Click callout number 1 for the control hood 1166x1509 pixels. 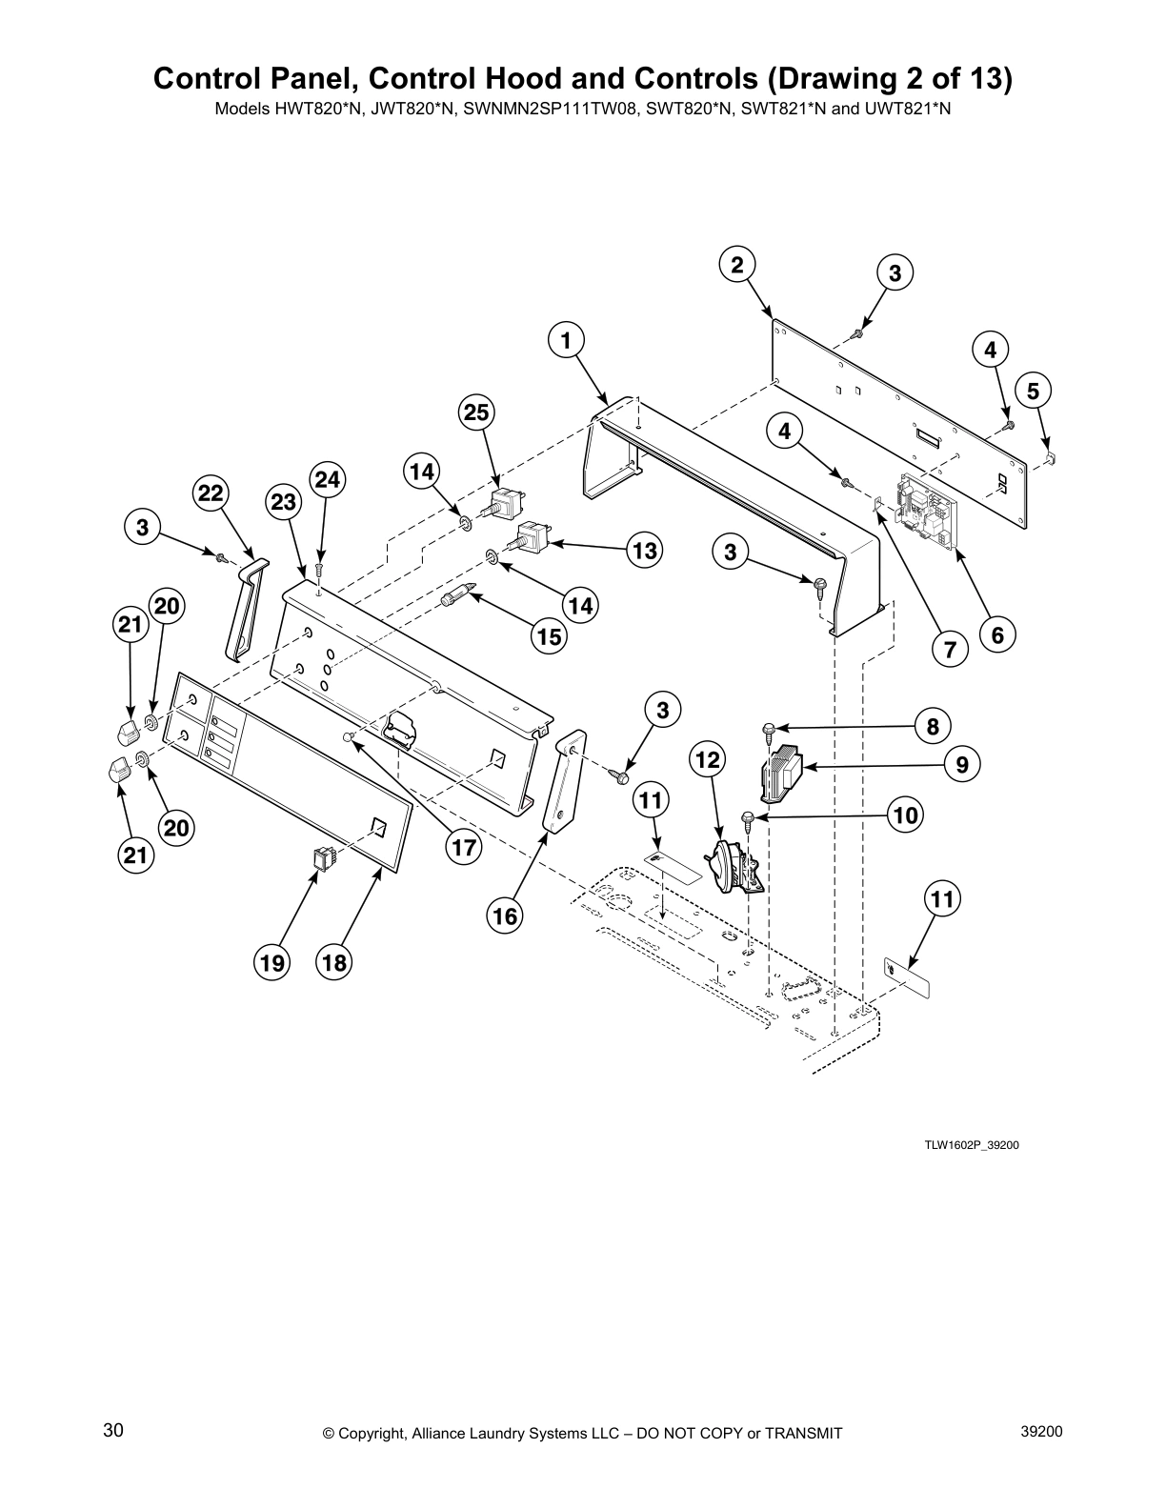566,340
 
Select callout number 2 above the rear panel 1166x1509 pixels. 737,265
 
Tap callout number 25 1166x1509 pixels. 477,412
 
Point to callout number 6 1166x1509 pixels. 997,634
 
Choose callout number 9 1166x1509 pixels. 962,764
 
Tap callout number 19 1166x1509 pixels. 272,963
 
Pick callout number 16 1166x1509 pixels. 505,915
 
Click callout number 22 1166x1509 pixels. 211,493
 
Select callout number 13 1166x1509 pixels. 645,550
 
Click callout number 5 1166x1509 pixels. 1034,390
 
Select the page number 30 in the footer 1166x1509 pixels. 113,1431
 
